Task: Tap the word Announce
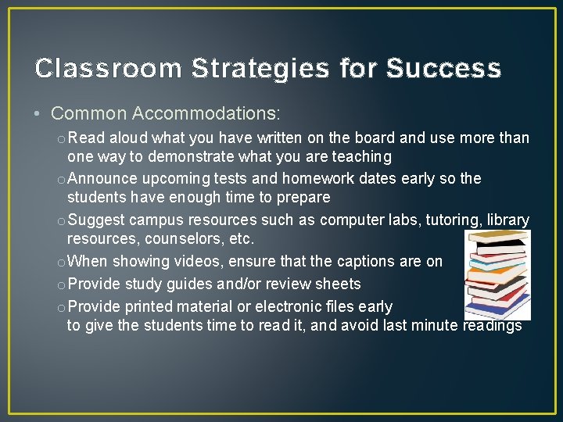[103, 179]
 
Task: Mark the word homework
[318, 179]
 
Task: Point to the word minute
[430, 325]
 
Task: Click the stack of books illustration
[498, 274]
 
